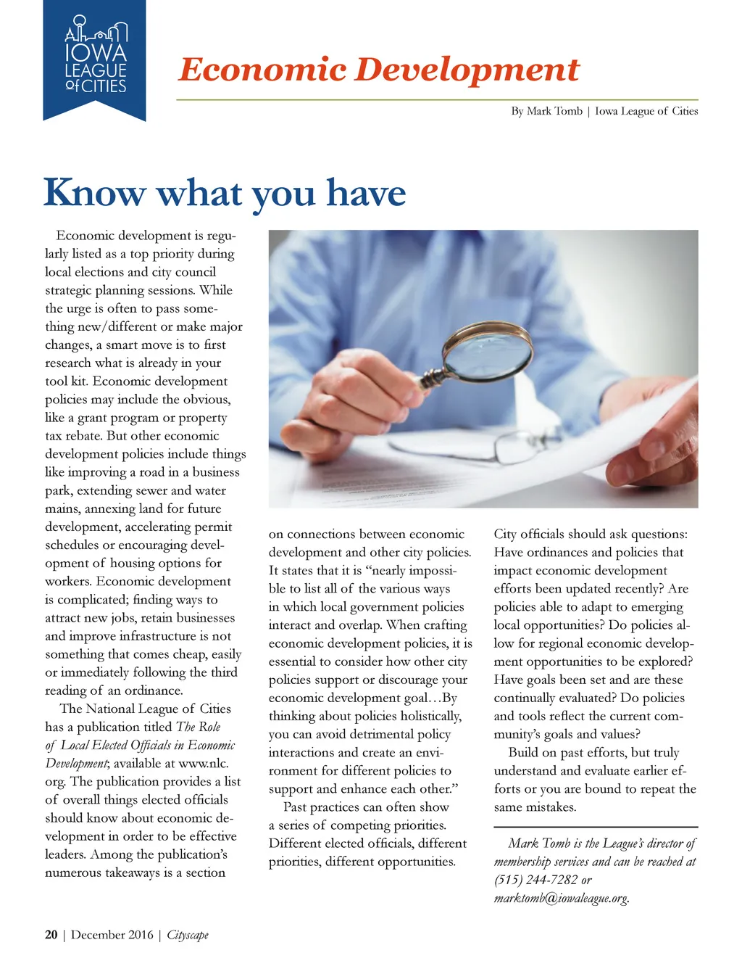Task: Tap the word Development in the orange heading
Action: (x=467, y=70)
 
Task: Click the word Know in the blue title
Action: (x=95, y=193)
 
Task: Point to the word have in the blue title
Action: (x=366, y=193)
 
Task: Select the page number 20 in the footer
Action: (x=51, y=935)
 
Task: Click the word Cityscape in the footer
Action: (x=188, y=935)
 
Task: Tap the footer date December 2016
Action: (x=112, y=935)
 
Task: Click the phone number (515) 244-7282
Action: (x=535, y=880)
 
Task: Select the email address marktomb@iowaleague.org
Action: (x=561, y=898)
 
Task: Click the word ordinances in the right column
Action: (x=559, y=553)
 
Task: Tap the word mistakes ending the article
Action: (x=551, y=807)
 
